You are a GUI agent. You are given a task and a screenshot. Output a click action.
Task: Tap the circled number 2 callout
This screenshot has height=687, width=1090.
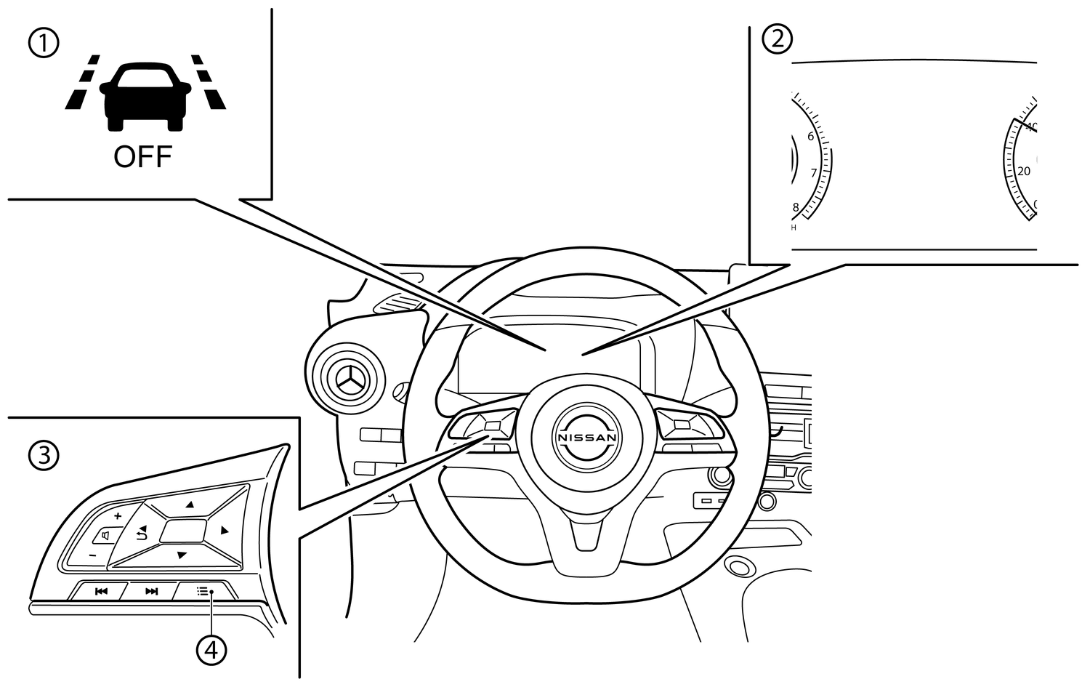(778, 39)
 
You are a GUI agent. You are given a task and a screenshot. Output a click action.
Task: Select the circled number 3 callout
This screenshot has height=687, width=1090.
(44, 456)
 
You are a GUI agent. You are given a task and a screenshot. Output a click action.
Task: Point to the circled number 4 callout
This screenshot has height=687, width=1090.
(211, 649)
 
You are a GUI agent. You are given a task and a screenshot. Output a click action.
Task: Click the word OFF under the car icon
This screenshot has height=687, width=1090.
(142, 157)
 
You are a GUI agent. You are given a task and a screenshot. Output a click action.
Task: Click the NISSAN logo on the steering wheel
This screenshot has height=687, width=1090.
(586, 438)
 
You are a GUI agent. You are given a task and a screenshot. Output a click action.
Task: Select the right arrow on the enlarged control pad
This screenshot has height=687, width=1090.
(225, 531)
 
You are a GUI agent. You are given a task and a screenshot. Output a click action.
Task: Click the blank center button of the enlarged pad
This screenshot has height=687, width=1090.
(183, 531)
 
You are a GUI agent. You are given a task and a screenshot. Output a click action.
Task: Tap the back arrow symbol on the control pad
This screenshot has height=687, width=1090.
(141, 533)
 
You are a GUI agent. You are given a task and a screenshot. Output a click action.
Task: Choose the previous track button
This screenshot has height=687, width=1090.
(101, 591)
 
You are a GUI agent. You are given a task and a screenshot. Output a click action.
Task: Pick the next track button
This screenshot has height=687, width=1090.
(151, 591)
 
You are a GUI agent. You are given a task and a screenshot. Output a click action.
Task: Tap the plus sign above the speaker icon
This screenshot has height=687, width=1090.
(117, 515)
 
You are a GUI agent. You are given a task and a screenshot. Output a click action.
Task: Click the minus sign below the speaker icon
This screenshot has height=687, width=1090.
(92, 555)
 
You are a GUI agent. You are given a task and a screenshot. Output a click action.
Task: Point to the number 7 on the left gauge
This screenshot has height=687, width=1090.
(814, 173)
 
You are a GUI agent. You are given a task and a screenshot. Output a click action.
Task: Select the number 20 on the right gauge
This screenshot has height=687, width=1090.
(1024, 172)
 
